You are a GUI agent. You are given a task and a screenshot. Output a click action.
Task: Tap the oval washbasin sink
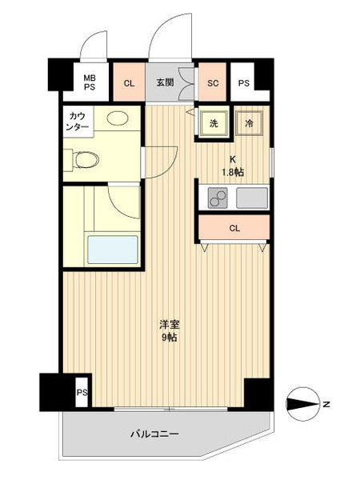pyautogui.click(x=118, y=118)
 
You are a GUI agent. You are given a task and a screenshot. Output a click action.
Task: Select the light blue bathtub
pyautogui.click(x=113, y=250)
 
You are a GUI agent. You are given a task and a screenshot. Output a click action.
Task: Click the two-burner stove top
pyautogui.click(x=218, y=198)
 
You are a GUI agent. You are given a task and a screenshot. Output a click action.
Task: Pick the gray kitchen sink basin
pyautogui.click(x=252, y=198)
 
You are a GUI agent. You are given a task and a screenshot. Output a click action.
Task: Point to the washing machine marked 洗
pyautogui.click(x=214, y=124)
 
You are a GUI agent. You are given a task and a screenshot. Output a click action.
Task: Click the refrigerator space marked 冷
pyautogui.click(x=249, y=123)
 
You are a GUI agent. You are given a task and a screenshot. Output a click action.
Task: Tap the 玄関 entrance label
pyautogui.click(x=165, y=82)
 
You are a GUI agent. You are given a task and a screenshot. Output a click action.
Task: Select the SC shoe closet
pyautogui.click(x=213, y=82)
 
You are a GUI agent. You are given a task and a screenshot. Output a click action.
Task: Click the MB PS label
pyautogui.click(x=90, y=82)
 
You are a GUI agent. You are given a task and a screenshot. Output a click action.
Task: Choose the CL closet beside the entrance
pyautogui.click(x=129, y=82)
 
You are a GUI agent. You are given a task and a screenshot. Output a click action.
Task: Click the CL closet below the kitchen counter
pyautogui.click(x=234, y=228)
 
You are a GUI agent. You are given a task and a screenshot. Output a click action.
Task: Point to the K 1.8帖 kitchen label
pyautogui.click(x=233, y=166)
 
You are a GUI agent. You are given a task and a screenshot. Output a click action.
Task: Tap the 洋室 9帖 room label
pyautogui.click(x=170, y=331)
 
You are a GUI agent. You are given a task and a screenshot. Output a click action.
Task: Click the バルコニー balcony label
pyautogui.click(x=154, y=434)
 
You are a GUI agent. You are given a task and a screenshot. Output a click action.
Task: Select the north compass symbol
pyautogui.click(x=302, y=404)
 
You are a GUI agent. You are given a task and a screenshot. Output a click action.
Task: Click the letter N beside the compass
pyautogui.click(x=326, y=404)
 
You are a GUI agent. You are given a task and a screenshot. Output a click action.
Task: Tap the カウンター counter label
pyautogui.click(x=78, y=122)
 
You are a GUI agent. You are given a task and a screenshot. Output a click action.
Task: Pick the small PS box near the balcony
pyautogui.click(x=82, y=393)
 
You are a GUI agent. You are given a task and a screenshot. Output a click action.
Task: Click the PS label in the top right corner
pyautogui.click(x=244, y=83)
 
